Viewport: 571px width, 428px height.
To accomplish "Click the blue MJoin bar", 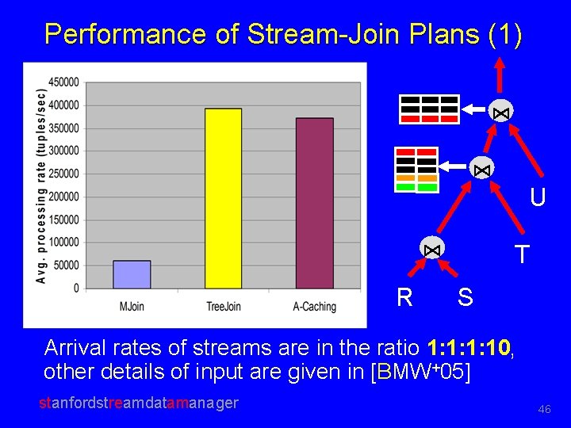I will (x=132, y=274).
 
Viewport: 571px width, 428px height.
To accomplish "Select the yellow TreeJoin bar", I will (x=223, y=198).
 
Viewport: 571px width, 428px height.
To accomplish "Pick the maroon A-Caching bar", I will (x=314, y=203).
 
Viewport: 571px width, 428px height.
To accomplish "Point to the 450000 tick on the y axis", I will (x=64, y=82).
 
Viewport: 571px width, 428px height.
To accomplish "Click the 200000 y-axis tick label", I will (x=64, y=197).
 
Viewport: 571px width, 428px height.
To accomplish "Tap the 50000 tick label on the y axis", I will (x=67, y=266).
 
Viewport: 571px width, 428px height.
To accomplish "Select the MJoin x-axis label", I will (x=132, y=307).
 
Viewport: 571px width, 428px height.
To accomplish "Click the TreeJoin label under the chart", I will (x=223, y=307).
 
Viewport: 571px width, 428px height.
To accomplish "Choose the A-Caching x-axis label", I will (x=314, y=307).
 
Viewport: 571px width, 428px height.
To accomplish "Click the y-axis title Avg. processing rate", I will (x=41, y=185).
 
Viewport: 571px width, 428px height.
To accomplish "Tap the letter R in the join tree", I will (x=404, y=298).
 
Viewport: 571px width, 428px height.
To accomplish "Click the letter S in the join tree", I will (x=466, y=298).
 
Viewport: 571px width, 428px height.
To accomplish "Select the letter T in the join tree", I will (x=521, y=254).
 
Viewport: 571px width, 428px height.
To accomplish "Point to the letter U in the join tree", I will (x=538, y=197).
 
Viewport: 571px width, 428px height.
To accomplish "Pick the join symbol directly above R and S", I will (x=432, y=248).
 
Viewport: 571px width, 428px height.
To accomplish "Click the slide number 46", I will (x=544, y=409).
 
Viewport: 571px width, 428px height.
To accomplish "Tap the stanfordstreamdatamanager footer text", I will (x=139, y=403).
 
